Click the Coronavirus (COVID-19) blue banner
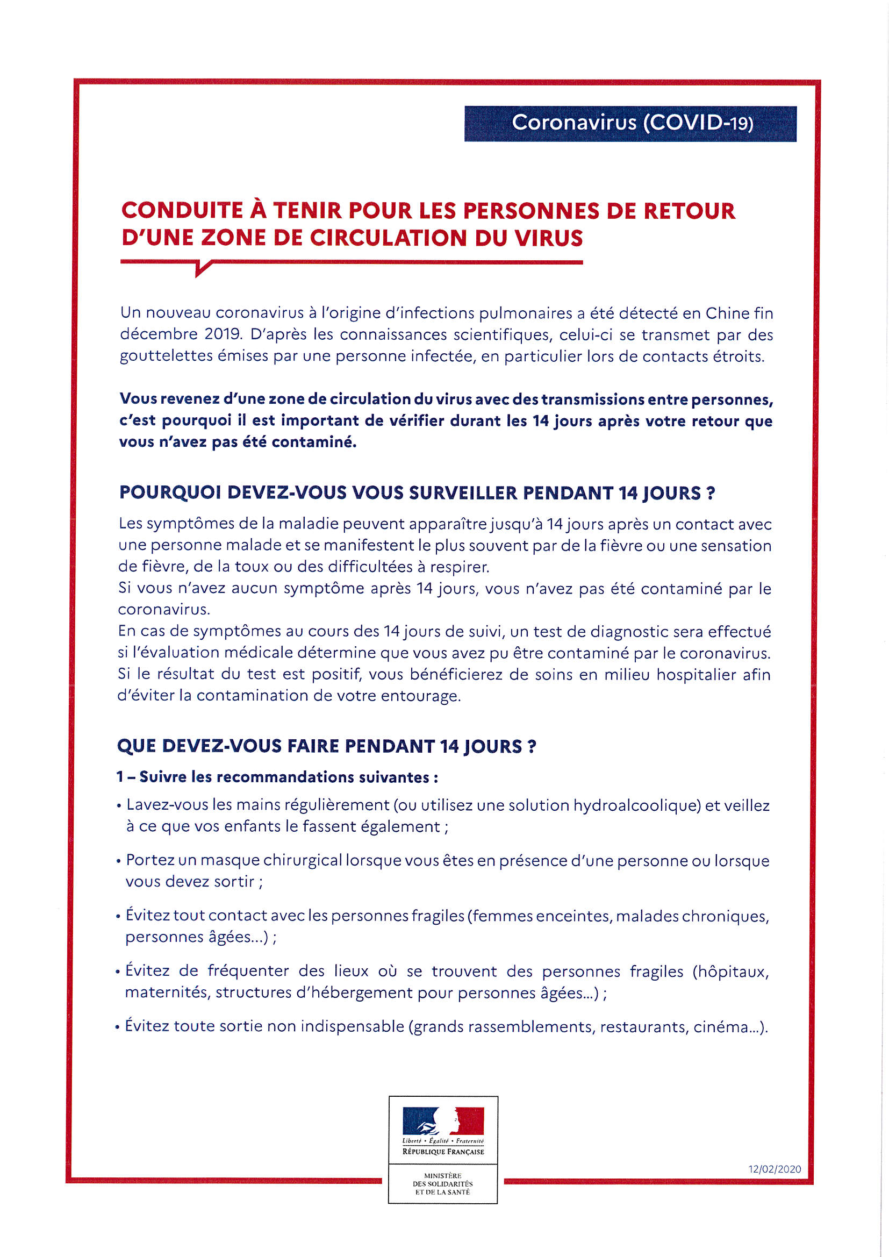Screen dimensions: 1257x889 pyautogui.click(x=630, y=123)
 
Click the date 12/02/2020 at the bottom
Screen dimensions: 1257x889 pyautogui.click(x=774, y=1169)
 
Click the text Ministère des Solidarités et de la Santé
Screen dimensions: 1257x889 pyautogui.click(x=443, y=1184)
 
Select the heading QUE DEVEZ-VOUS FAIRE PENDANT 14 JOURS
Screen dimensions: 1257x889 pyautogui.click(x=326, y=746)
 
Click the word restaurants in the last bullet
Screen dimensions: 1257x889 pyautogui.click(x=644, y=1026)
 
